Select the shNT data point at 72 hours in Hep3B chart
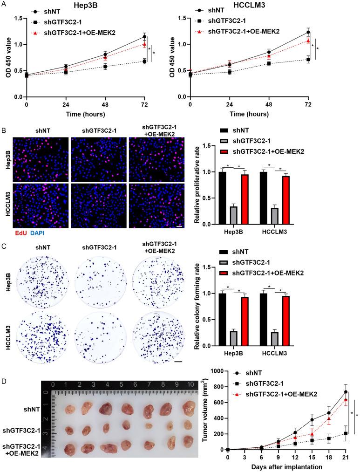144,36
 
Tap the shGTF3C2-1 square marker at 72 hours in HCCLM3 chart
307,59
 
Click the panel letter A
4,4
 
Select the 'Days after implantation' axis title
286,466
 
